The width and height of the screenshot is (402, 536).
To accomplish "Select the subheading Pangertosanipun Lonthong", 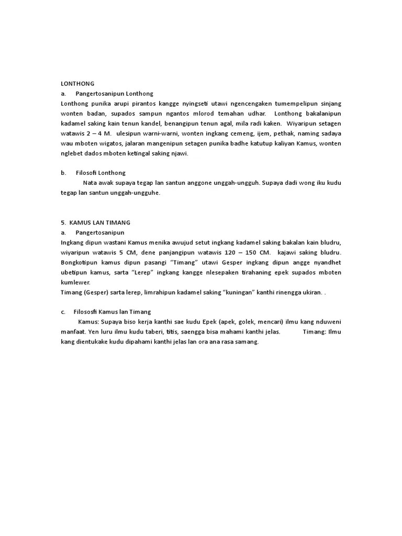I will pos(114,93).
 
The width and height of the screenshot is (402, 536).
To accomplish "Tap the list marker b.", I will pos(63,173).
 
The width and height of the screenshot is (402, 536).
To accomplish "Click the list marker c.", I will pos(63,312).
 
